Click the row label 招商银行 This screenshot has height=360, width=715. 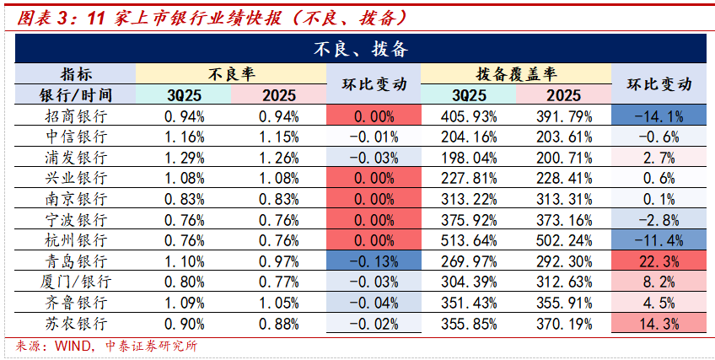coord(75,116)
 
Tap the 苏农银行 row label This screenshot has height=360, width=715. coord(75,323)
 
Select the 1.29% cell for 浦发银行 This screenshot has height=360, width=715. coord(184,157)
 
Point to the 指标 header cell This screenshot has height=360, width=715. coord(75,73)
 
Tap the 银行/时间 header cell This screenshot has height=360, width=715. coord(75,94)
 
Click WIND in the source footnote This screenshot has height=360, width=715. coord(72,346)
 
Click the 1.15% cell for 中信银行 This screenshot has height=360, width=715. coord(278,137)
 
